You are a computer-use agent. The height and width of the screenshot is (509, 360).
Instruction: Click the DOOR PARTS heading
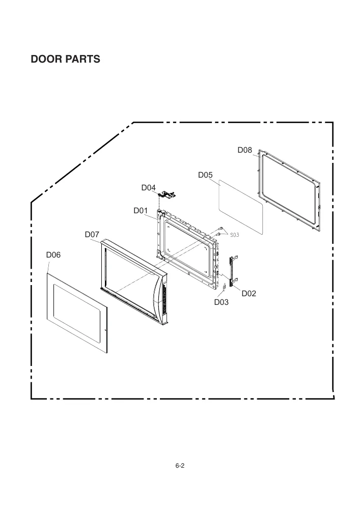point(65,59)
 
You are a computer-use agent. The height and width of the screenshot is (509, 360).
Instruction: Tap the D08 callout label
point(244,150)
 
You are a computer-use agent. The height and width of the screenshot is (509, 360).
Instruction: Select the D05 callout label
point(205,175)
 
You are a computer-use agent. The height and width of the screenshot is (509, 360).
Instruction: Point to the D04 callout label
point(148,188)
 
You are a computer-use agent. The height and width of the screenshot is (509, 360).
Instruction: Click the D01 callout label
point(141,211)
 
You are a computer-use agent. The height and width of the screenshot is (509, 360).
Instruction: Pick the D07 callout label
point(92,234)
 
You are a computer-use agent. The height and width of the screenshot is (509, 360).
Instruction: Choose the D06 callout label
point(53,255)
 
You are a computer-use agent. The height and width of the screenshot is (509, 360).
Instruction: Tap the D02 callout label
point(248,294)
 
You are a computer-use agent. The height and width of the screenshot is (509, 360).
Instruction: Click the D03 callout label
point(221,302)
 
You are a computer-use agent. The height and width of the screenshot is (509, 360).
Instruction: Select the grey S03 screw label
point(234,235)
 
